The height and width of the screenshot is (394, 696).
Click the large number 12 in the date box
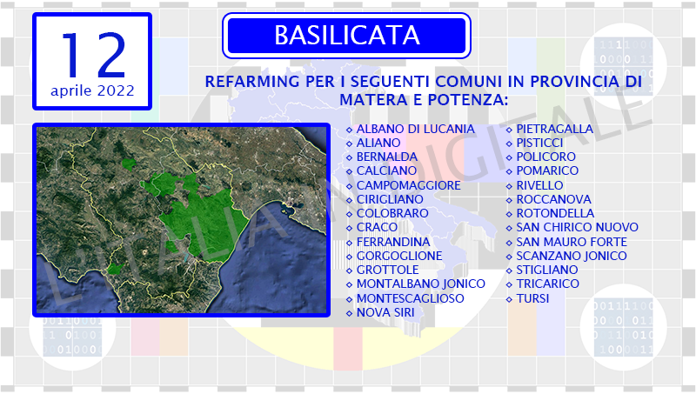(94, 55)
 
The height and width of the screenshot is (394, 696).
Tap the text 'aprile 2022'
(92, 90)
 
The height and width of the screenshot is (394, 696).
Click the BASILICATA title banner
(346, 36)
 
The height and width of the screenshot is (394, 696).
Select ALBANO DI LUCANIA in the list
(416, 129)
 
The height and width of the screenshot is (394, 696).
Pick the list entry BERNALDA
(387, 157)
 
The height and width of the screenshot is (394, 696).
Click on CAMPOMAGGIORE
(408, 185)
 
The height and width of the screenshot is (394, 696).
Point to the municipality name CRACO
(377, 227)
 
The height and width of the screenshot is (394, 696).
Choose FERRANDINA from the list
(393, 242)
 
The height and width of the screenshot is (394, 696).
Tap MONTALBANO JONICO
(421, 284)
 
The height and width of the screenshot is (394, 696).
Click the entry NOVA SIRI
(385, 312)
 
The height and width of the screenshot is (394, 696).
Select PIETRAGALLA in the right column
(554, 129)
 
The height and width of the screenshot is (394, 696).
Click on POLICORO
(546, 157)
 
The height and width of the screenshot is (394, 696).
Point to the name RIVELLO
(539, 185)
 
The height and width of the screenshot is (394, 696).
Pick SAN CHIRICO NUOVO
(577, 227)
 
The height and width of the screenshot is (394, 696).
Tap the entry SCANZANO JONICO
(572, 256)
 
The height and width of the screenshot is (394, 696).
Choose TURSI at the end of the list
(532, 298)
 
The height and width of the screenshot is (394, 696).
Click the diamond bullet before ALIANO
(349, 144)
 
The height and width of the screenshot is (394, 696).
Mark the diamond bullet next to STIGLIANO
(509, 270)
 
